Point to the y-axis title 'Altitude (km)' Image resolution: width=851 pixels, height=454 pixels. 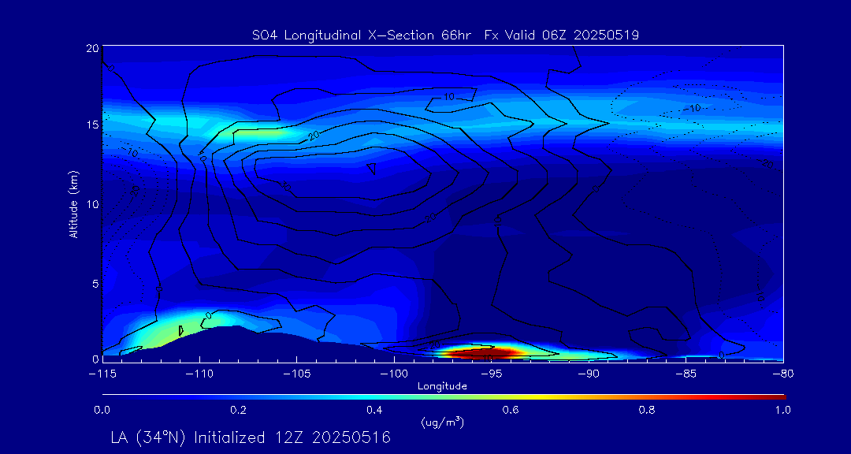pos(73,204)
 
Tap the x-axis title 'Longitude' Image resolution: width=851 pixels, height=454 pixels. pos(442,386)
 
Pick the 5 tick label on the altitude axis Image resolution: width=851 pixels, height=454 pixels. pos(94,282)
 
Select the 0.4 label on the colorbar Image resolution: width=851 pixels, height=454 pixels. pos(374,410)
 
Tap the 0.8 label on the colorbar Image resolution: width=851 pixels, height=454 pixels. pos(647,410)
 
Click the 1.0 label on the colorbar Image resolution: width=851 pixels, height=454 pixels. pos(782,410)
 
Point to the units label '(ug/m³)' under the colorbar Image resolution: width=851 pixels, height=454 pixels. pos(442,422)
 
